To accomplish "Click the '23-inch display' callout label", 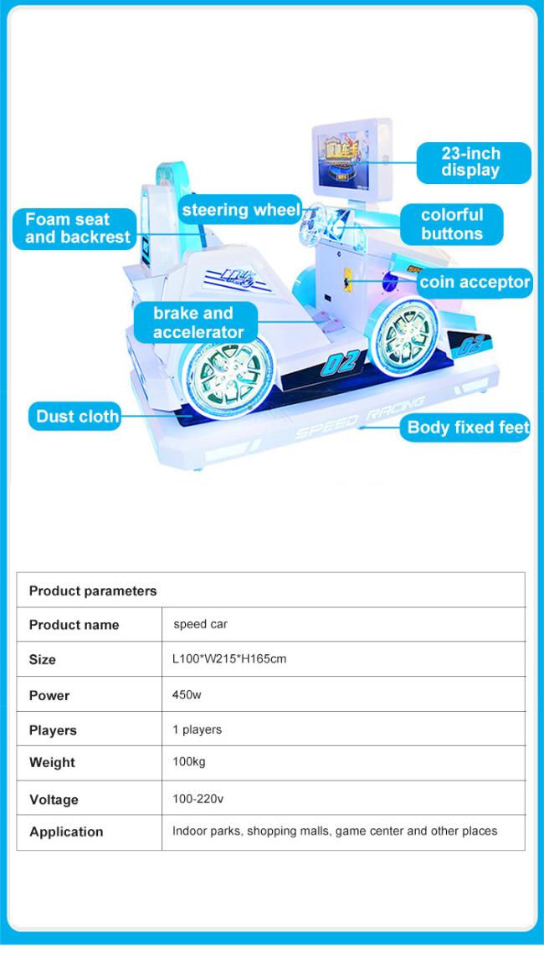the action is pos(474,162).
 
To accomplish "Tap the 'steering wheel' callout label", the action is pos(240,210).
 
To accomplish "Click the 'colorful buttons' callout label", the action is pos(452,224).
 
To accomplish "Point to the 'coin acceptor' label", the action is pos(475,283).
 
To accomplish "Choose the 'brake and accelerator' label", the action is pos(196,323).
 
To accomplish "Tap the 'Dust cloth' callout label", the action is pos(75,417).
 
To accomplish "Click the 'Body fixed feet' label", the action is pos(465,427).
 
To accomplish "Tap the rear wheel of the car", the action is pos(228,379).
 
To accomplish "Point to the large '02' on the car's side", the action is pos(341,363).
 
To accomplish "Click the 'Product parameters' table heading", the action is pos(93,591).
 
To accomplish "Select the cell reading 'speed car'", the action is pos(200,625).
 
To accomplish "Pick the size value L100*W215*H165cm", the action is pos(229,659).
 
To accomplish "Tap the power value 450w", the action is pos(187,695).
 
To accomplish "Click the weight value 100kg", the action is pos(189,762).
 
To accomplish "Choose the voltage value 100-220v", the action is pos(198,799).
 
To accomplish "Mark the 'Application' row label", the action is pos(66,832).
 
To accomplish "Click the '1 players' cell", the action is pos(197,729).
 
